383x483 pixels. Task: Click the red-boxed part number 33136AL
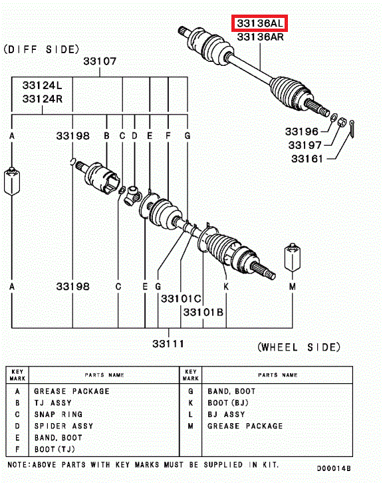point(259,23)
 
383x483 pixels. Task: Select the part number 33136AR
point(260,37)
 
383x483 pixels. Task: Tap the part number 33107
point(100,61)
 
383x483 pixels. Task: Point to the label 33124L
point(42,85)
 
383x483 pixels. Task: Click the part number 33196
point(302,132)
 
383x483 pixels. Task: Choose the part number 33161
point(307,158)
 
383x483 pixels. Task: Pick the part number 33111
point(168,343)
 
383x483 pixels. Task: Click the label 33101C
point(181,299)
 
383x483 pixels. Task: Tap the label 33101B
point(203,312)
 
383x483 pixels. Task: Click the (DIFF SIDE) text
point(41,49)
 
